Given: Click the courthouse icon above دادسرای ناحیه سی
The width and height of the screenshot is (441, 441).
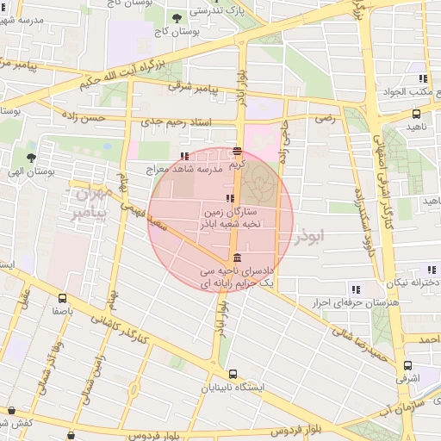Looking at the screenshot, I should coord(237,258).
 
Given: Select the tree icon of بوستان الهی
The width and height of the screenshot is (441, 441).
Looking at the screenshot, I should coord(32,158).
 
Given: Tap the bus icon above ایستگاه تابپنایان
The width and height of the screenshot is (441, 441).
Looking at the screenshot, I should coord(233,374).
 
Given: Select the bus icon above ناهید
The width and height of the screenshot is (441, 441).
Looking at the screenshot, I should coord(417,113).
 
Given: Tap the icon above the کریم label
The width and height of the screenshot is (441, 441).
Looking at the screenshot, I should coord(237,150).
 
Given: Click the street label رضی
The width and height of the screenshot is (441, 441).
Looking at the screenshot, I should coord(325,117).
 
